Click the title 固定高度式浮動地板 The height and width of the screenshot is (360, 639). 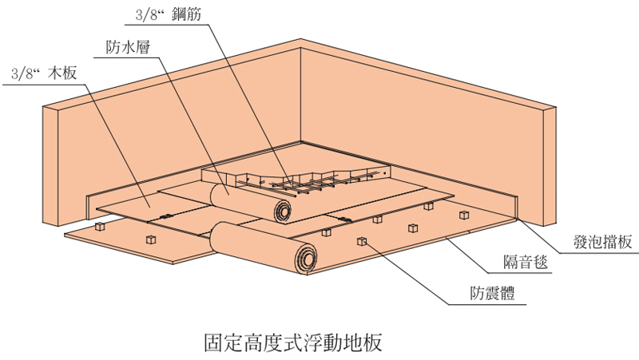(294, 342)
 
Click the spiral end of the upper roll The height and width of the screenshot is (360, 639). (280, 211)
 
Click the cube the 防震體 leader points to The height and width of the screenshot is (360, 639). (361, 241)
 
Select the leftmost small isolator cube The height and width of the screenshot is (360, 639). (101, 227)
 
